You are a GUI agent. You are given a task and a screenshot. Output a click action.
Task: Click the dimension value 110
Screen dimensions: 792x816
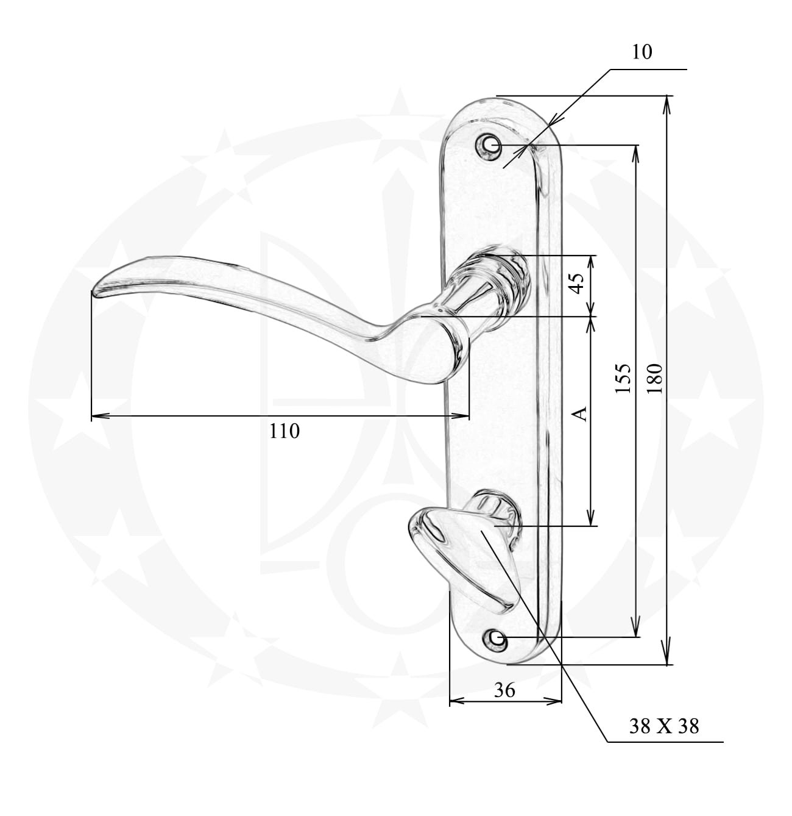point(285,431)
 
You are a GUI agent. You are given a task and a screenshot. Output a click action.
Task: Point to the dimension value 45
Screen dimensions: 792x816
point(577,284)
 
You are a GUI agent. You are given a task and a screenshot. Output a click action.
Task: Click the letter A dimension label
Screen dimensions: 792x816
point(579,413)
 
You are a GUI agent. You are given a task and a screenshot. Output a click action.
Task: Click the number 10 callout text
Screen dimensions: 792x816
point(642,52)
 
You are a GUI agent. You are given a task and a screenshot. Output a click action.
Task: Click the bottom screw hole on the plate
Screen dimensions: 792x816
point(496,639)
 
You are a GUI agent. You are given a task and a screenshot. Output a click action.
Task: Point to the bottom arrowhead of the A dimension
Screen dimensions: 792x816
point(591,517)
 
